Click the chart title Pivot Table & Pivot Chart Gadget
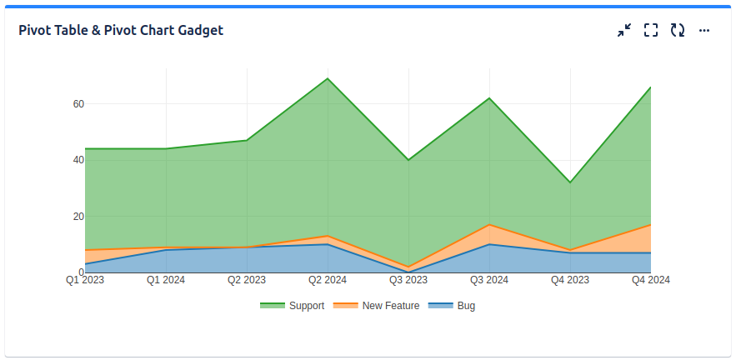pos(121,31)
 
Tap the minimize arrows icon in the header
pos(624,31)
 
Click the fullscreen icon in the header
pos(651,31)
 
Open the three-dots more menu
pos(704,31)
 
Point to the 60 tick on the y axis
pos(78,104)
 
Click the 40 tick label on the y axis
pos(78,160)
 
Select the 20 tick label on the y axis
pos(78,217)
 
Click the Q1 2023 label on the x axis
pos(85,281)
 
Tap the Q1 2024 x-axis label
pos(166,281)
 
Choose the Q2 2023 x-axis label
pos(247,281)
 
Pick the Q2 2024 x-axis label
pos(328,281)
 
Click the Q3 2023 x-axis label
pos(408,281)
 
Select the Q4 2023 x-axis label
pos(570,281)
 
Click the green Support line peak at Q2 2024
pos(328,78)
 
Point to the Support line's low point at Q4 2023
pos(570,182)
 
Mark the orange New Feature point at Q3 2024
pos(489,225)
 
